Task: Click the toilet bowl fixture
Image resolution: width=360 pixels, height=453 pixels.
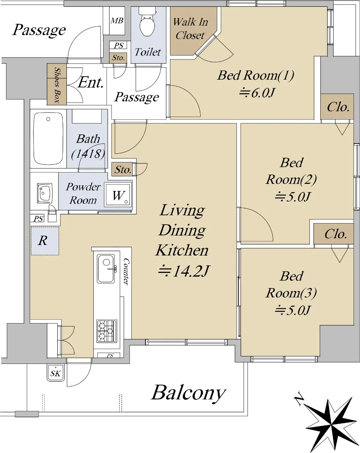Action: pos(148,23)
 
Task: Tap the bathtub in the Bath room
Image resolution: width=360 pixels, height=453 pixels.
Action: pos(48,139)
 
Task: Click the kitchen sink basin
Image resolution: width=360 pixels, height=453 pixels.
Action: pos(106,269)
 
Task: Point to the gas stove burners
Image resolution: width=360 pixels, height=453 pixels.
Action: pos(107,331)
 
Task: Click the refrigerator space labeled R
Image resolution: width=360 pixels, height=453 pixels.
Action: pos(45,241)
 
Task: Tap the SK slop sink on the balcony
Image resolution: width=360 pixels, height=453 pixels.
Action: pos(56,373)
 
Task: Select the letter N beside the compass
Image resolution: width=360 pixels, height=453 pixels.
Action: pos(299,399)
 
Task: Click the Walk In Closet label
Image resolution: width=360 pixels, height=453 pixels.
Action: pos(190,29)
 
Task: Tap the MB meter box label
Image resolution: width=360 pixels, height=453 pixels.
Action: pos(117,21)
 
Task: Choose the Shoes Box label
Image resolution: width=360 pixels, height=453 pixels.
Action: pos(57,85)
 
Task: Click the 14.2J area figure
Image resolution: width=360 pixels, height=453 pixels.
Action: pos(184,271)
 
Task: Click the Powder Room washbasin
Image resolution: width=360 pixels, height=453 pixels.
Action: pos(45,193)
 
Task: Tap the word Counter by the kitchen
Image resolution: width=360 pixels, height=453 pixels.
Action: pos(126,271)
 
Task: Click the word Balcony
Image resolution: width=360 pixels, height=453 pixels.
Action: pos(188,393)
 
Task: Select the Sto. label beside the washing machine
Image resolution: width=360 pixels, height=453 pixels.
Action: pos(123,169)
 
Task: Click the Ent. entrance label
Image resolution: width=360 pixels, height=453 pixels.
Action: pos(91,82)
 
